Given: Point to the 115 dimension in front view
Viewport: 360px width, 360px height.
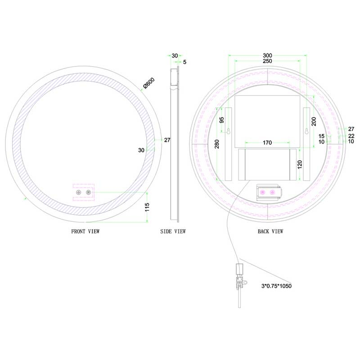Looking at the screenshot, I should [153, 207].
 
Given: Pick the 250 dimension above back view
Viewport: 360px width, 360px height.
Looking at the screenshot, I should [268, 61].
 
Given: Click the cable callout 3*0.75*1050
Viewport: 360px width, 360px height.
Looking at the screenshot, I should [279, 285].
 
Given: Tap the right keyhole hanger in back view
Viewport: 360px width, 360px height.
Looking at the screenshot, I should [307, 132].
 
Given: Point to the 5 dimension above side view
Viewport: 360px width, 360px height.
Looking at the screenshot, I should [184, 62].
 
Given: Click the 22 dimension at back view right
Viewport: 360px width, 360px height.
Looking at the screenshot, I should [351, 135].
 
